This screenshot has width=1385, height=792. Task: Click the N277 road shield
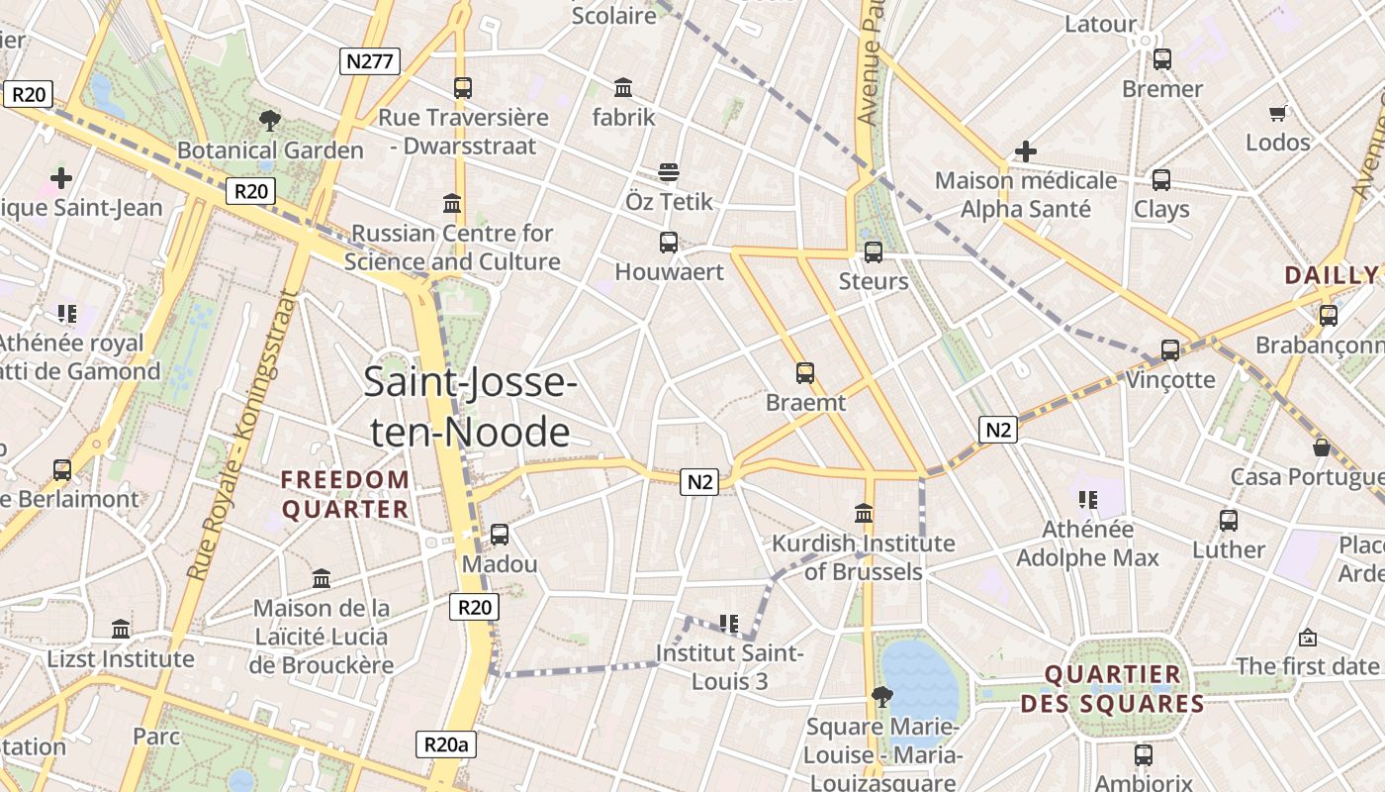pyautogui.click(x=370, y=61)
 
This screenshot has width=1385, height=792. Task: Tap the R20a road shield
pyautogui.click(x=444, y=744)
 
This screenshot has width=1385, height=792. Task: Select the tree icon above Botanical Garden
pyautogui.click(x=269, y=122)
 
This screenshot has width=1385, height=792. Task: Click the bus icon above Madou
pyautogui.click(x=500, y=535)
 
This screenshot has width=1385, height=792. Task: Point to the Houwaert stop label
pyautogui.click(x=670, y=271)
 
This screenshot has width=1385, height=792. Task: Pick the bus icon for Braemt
pyautogui.click(x=805, y=373)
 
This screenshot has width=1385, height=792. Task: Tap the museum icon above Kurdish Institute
pyautogui.click(x=864, y=514)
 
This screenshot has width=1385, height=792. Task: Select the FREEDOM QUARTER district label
pyautogui.click(x=345, y=494)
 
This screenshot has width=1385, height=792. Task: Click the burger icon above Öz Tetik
pyautogui.click(x=669, y=172)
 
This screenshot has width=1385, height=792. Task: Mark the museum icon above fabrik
pyautogui.click(x=623, y=87)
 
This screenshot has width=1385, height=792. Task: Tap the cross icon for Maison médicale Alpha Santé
pyautogui.click(x=1026, y=151)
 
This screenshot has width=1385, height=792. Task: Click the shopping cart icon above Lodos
pyautogui.click(x=1278, y=113)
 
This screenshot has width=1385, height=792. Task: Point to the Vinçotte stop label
pyautogui.click(x=1170, y=379)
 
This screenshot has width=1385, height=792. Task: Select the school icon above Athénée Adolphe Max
pyautogui.click(x=1088, y=500)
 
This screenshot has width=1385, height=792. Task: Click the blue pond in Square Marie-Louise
pyautogui.click(x=920, y=678)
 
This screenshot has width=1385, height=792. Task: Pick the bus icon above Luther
pyautogui.click(x=1229, y=520)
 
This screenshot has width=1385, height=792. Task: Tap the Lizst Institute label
pyautogui.click(x=121, y=658)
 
